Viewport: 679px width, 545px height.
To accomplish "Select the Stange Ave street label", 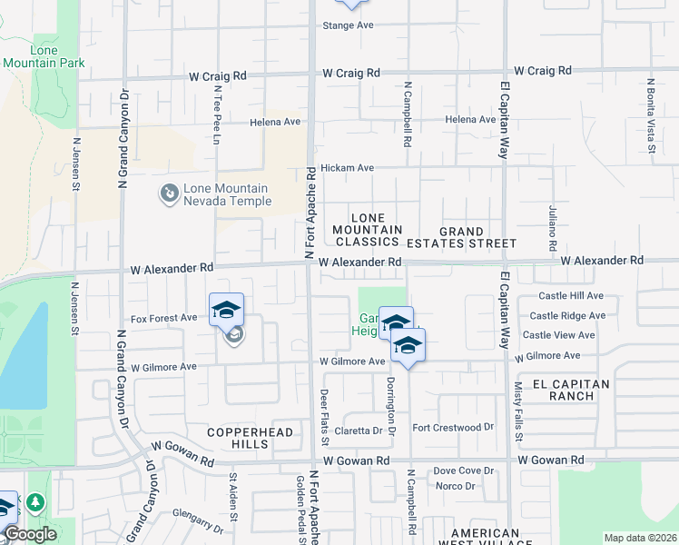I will coord(349,25).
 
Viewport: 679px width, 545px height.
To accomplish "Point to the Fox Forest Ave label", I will coord(163,318).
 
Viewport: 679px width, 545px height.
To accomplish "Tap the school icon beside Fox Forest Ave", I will coord(226,311).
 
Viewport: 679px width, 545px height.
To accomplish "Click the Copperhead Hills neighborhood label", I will coord(251,438).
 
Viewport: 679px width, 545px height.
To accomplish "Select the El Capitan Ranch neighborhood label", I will coord(571,390).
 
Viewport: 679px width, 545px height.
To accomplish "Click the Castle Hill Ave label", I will coord(571,295).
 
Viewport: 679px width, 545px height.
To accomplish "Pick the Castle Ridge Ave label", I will coord(567,315).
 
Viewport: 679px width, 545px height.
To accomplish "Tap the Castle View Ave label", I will coord(559,334).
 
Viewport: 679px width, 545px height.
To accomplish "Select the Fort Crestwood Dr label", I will coord(452,427).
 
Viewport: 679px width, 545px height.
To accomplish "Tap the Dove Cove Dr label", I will coord(463,471).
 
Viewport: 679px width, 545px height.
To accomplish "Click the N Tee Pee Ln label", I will coord(218,109).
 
